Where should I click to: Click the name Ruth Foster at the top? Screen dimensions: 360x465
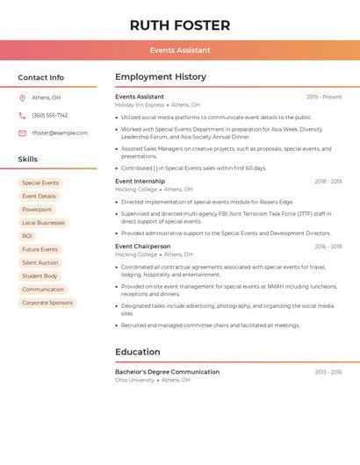coord(180,25)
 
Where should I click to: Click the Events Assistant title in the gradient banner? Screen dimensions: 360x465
coord(180,50)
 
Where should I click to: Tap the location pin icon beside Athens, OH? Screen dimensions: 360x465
coord(22,98)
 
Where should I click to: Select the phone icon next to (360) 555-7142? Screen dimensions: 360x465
coord(22,116)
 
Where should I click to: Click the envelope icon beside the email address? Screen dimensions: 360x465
coord(22,133)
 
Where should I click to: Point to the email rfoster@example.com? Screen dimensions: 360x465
coord(60,133)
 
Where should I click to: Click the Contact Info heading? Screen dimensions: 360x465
coord(41,77)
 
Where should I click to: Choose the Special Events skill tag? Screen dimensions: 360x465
coord(40,183)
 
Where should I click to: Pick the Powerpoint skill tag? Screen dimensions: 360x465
coord(37,210)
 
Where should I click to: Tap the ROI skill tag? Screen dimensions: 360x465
coord(27,236)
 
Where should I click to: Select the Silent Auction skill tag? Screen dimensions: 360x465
coord(40,262)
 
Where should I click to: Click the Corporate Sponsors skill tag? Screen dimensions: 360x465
coord(47,303)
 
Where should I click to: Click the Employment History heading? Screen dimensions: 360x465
coord(161,77)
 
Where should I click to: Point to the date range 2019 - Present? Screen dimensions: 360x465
coord(324,97)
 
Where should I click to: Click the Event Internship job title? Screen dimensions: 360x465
coord(140,181)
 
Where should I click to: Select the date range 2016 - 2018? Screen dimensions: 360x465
coord(328,247)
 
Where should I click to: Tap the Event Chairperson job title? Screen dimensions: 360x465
coord(142,247)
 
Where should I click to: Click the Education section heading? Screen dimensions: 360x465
coord(137,352)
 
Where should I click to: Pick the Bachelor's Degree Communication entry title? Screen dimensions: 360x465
coord(167,372)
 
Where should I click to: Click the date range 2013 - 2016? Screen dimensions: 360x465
coord(328,372)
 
